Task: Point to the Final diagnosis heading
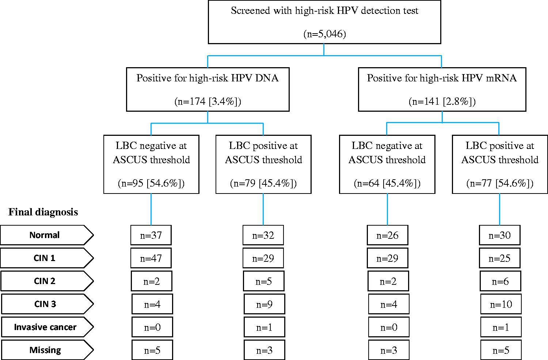[43, 212]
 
